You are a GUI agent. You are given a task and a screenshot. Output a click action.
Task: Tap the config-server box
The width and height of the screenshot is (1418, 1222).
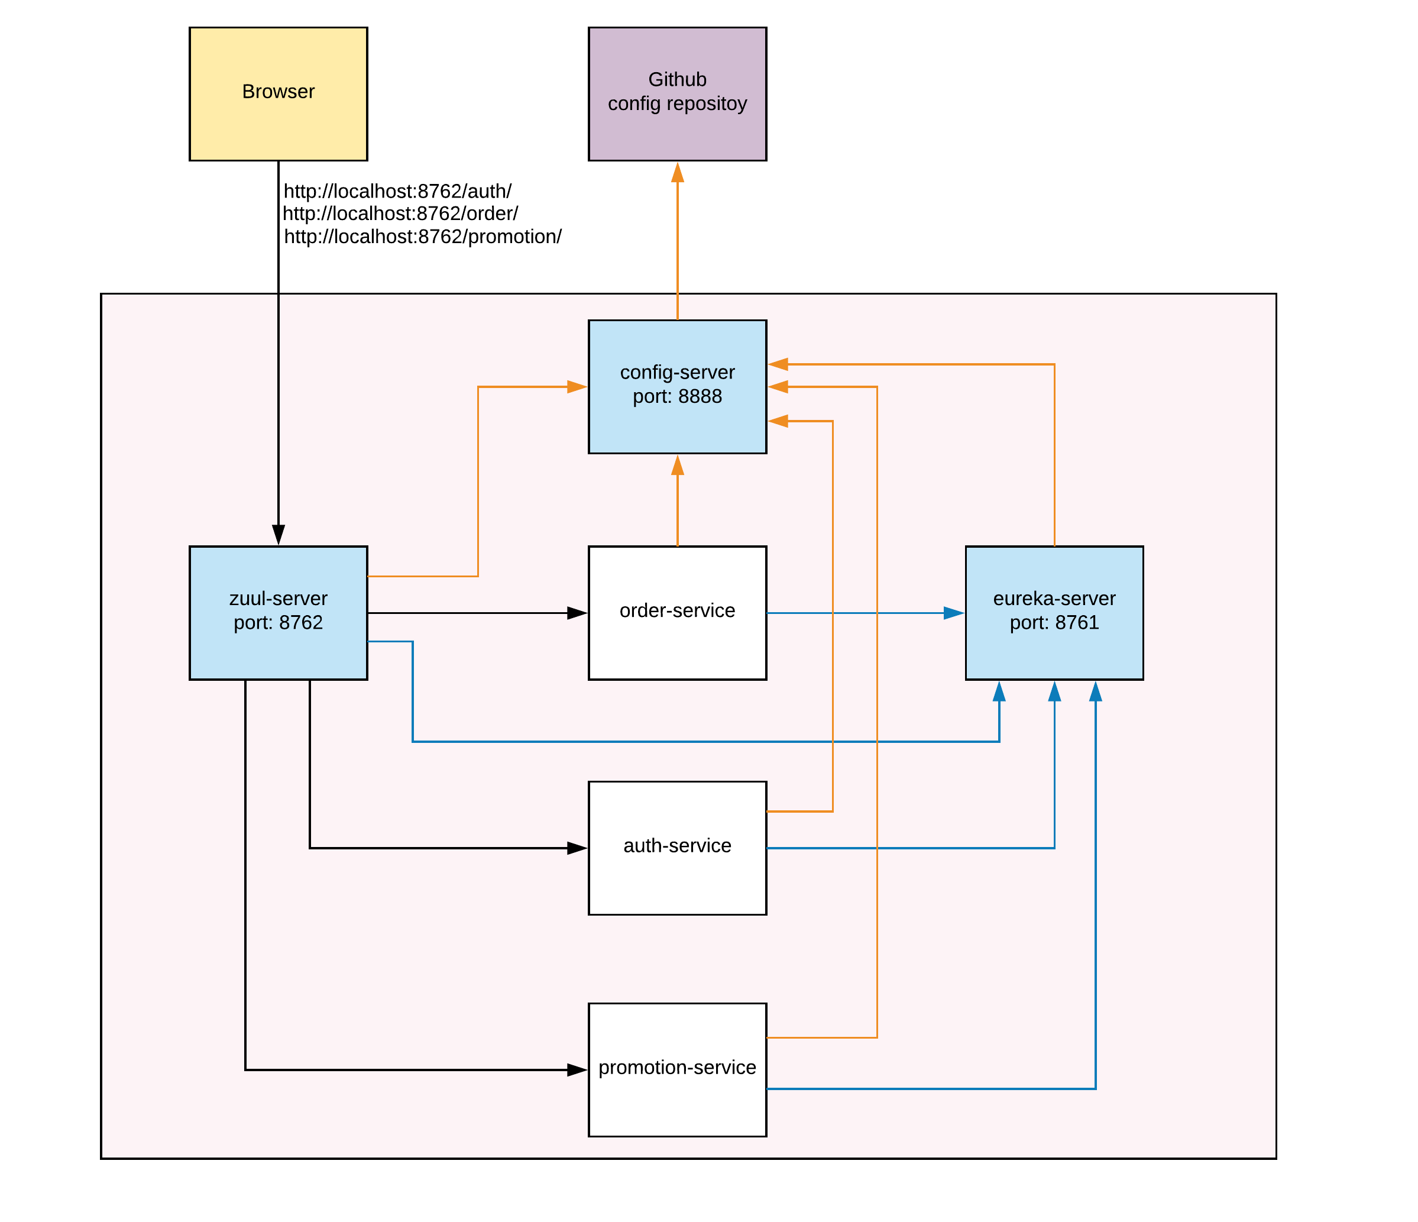[677, 425]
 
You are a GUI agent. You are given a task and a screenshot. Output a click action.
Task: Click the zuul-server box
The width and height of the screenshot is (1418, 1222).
[278, 651]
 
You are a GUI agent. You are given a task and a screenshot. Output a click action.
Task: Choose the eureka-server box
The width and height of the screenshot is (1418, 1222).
[1054, 651]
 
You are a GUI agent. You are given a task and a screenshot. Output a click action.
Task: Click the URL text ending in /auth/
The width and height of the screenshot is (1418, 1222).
[397, 191]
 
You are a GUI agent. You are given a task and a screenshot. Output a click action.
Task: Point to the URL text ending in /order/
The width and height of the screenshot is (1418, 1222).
[400, 214]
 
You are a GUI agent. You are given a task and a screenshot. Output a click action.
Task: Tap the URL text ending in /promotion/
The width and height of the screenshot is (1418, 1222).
[422, 236]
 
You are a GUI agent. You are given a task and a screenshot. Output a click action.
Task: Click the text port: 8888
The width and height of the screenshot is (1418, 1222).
[677, 396]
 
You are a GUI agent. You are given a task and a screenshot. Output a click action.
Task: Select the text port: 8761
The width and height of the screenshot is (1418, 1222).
[1054, 622]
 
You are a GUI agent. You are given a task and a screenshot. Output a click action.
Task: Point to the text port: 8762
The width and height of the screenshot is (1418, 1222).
[278, 622]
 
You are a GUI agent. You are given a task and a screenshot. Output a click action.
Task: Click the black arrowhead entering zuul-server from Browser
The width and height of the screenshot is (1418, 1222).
[278, 535]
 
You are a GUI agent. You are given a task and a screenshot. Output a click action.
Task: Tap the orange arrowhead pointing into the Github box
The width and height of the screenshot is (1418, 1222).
[677, 173]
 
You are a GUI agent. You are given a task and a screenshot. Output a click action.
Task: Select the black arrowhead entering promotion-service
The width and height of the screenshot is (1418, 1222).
[577, 1069]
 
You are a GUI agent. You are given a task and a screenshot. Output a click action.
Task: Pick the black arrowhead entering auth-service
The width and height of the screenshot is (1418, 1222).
[577, 848]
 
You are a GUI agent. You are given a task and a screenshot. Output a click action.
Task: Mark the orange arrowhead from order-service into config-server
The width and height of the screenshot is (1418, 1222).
[677, 465]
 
